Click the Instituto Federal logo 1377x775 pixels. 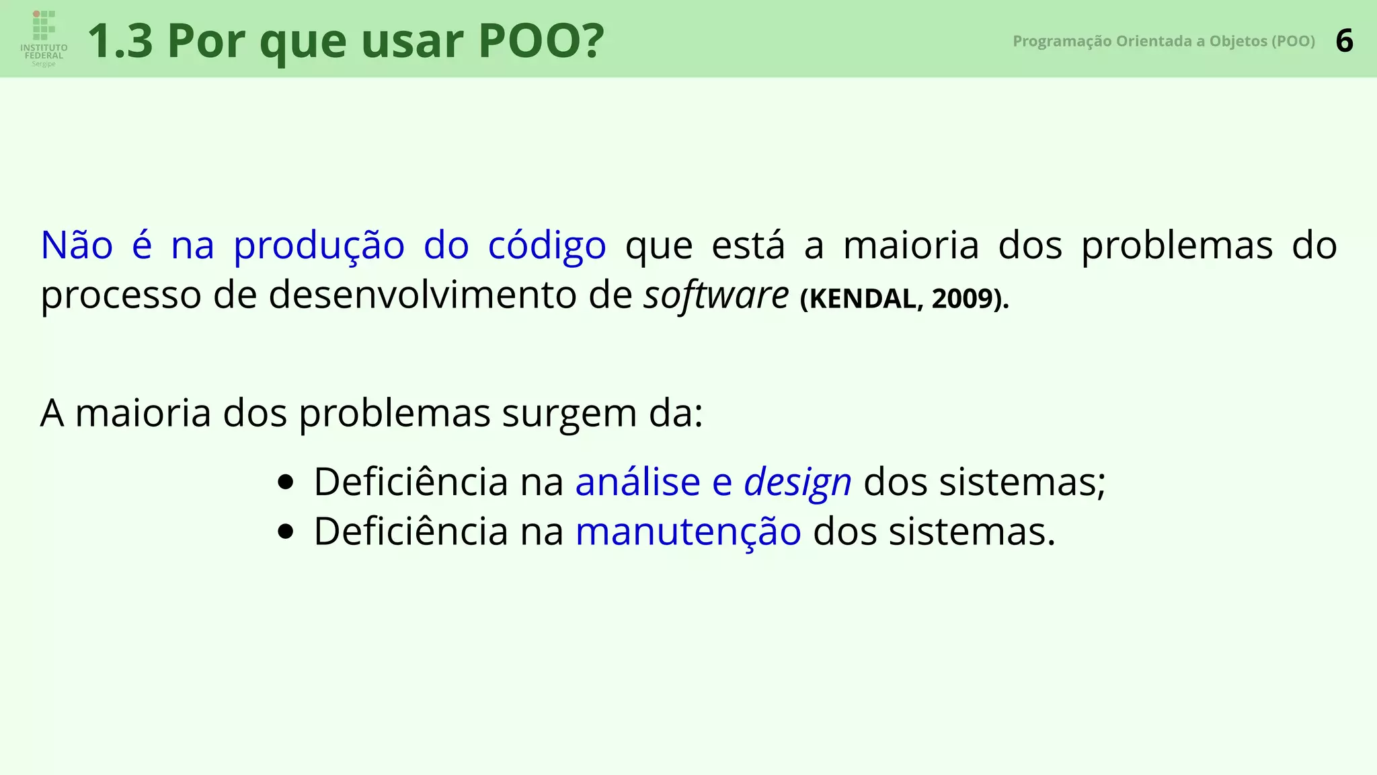click(x=44, y=38)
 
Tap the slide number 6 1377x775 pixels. click(x=1344, y=41)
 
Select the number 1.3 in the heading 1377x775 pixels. click(x=120, y=41)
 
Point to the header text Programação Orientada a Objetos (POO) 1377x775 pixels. click(x=1163, y=41)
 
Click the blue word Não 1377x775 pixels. click(x=77, y=245)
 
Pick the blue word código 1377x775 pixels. click(x=547, y=246)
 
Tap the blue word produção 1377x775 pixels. click(x=319, y=246)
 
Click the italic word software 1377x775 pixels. click(x=715, y=295)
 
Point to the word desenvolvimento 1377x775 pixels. click(x=423, y=295)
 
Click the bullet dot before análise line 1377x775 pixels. click(x=286, y=482)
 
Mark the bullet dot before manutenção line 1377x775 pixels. click(x=286, y=532)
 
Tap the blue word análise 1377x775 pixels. click(x=637, y=482)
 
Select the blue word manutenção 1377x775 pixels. click(x=688, y=532)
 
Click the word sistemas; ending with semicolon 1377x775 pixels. click(x=1022, y=482)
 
